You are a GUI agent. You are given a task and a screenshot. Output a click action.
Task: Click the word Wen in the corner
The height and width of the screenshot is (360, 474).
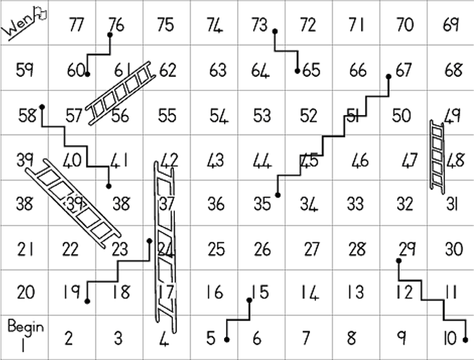click(17, 24)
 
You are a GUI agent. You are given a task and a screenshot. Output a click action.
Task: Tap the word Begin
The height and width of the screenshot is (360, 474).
click(26, 327)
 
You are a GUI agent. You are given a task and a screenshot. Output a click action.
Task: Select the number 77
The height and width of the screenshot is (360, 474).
click(76, 25)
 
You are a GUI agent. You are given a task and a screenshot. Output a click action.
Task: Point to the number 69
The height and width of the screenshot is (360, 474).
click(451, 25)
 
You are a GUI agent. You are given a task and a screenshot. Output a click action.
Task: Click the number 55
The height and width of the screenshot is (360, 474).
click(167, 115)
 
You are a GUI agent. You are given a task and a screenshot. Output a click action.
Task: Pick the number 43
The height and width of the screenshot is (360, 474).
click(216, 160)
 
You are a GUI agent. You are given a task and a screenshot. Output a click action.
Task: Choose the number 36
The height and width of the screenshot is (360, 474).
click(216, 204)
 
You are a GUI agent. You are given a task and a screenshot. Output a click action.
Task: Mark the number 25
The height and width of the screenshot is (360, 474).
click(216, 249)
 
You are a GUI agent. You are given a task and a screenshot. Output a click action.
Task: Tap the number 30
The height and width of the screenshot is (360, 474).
click(454, 249)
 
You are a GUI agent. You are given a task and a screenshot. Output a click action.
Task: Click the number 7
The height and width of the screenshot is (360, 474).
click(306, 337)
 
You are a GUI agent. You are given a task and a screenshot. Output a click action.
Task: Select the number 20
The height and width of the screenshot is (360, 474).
click(26, 292)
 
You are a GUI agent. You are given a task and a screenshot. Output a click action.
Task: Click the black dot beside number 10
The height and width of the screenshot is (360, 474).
click(466, 340)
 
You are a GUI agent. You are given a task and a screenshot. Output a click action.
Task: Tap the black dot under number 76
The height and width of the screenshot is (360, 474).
click(110, 35)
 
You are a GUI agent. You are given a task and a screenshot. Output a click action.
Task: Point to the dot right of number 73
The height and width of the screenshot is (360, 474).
click(275, 31)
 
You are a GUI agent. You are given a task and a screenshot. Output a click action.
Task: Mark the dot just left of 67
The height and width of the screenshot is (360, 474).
click(389, 77)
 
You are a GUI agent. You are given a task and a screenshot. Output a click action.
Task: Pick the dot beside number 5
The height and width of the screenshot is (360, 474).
click(227, 340)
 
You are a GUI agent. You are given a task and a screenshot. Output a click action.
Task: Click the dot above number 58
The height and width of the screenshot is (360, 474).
click(42, 107)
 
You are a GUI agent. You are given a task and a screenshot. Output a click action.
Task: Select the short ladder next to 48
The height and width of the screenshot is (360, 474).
click(437, 157)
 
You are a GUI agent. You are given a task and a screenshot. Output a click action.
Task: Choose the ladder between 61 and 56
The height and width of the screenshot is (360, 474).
click(120, 93)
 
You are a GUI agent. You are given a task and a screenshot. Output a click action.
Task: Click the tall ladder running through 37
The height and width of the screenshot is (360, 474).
click(165, 247)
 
